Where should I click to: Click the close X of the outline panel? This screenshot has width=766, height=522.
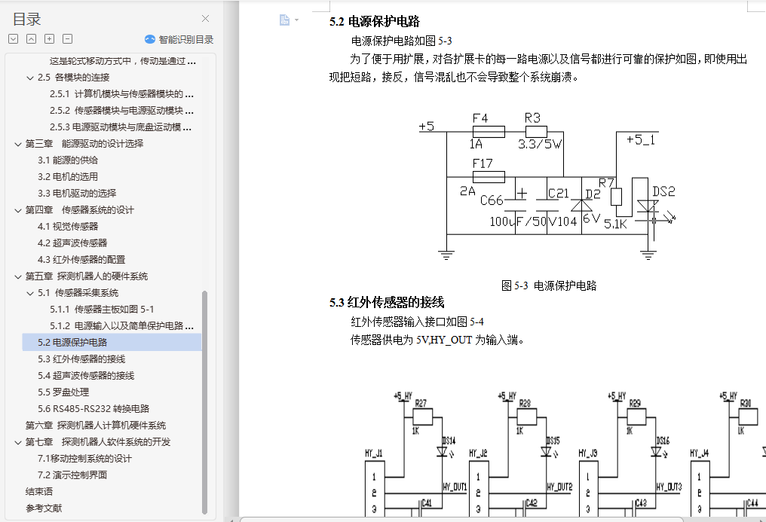point(205,19)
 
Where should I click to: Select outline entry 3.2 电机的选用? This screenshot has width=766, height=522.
point(68,176)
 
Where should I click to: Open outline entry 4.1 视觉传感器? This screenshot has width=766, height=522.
point(68,226)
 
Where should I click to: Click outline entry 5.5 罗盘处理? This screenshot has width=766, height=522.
point(63,392)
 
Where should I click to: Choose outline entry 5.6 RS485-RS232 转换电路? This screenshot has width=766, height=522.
point(93,408)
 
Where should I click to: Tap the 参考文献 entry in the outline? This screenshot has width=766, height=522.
point(44,508)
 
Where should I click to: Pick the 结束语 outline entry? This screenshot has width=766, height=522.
point(39,491)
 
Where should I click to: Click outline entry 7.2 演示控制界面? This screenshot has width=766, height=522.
point(72,475)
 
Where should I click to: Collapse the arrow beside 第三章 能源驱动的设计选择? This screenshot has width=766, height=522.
point(18,143)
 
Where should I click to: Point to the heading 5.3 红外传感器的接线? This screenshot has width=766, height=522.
point(386,303)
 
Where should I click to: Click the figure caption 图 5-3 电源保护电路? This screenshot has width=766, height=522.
point(549,285)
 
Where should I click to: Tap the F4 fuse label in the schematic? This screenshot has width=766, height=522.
point(480,118)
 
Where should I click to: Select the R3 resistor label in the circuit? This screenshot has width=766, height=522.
point(532,118)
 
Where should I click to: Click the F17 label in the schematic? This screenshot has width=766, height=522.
point(482,163)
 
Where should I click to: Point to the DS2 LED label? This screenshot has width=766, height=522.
point(663,191)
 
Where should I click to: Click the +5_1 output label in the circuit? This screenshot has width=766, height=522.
point(641,139)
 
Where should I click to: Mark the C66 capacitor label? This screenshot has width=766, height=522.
point(492,200)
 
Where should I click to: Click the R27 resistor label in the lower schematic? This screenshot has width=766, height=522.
point(421,403)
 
